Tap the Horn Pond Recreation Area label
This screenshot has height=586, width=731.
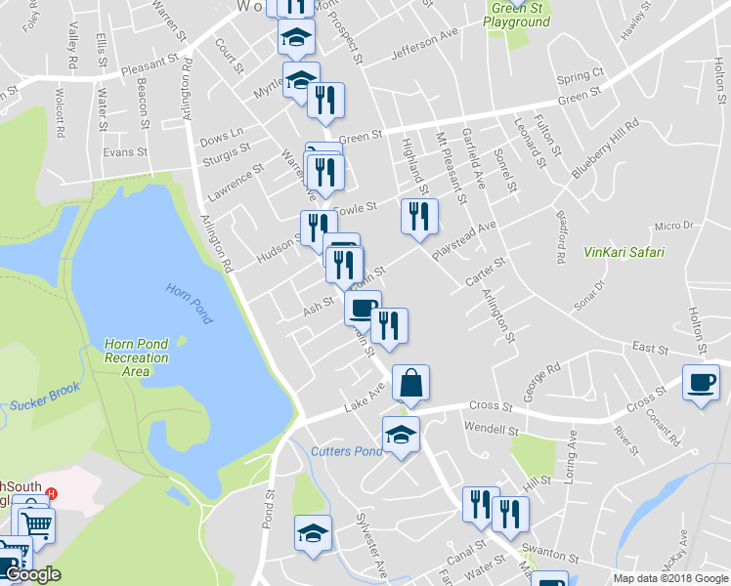point(136,357)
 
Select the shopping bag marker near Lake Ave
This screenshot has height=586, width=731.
point(411,384)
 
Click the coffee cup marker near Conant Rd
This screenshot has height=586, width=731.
point(703,382)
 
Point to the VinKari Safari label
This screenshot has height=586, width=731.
point(623,252)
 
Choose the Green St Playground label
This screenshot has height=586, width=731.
point(517,15)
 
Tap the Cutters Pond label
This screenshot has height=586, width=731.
point(347,451)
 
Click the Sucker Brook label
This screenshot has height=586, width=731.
point(45,402)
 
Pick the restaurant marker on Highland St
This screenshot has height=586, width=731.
point(419,216)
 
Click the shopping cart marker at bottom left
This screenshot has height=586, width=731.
point(37,524)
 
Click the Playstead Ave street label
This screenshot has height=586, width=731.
point(465,239)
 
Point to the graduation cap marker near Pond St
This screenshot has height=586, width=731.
point(313,533)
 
